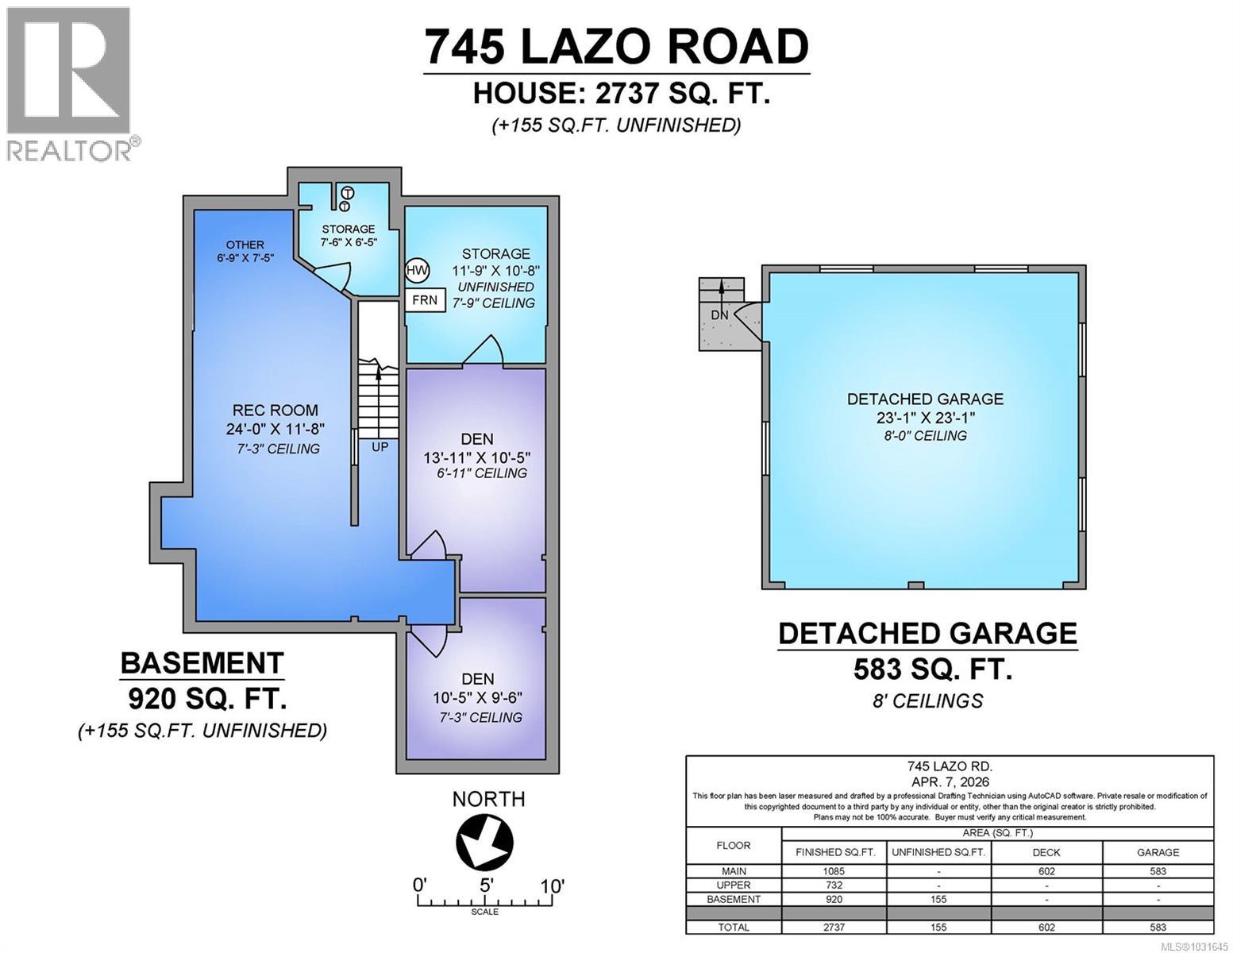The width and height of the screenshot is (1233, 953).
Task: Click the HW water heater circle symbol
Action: tap(417, 270)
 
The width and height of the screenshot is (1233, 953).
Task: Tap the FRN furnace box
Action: tap(425, 300)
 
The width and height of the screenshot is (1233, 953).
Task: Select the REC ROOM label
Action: tap(275, 411)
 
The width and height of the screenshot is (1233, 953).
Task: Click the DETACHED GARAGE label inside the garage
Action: tap(925, 399)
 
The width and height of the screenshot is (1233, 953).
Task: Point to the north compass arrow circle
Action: tap(484, 842)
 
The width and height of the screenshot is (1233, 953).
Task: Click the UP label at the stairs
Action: tap(380, 447)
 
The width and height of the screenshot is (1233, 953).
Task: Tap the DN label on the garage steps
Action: tap(719, 315)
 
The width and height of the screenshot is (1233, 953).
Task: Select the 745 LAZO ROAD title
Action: tap(616, 46)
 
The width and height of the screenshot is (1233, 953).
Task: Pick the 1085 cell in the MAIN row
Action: tap(834, 871)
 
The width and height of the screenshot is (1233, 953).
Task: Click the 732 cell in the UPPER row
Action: tap(834, 885)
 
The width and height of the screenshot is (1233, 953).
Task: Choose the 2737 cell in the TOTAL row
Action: tap(834, 928)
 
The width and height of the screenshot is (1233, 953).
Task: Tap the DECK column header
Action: tap(1046, 852)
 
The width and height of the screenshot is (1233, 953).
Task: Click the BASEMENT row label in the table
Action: tap(734, 900)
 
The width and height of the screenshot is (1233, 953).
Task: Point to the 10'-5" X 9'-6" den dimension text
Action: tap(477, 698)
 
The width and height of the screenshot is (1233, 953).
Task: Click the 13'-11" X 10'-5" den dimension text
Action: tap(476, 457)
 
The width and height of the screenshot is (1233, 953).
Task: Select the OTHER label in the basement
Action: tap(245, 245)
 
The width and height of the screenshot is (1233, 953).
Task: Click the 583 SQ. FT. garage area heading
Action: tap(932, 670)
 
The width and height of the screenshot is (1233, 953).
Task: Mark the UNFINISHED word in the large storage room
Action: tap(495, 287)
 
